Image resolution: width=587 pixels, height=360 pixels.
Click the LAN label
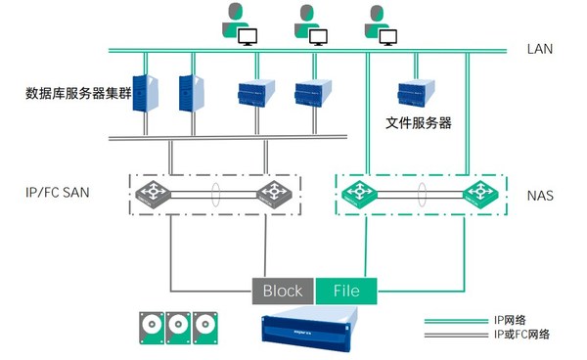tap(540, 48)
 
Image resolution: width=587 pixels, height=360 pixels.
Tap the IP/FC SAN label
tap(57, 193)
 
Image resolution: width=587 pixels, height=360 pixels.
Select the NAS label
tap(540, 196)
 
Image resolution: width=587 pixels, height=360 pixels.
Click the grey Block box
tap(284, 291)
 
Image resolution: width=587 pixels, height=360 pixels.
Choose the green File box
tap(345, 291)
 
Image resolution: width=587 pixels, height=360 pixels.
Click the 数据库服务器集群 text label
tap(79, 95)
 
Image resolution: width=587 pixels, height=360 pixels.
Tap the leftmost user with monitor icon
tap(240, 24)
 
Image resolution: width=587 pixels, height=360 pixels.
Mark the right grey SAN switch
tap(273, 193)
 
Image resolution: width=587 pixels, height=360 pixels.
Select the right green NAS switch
tap(479, 193)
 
